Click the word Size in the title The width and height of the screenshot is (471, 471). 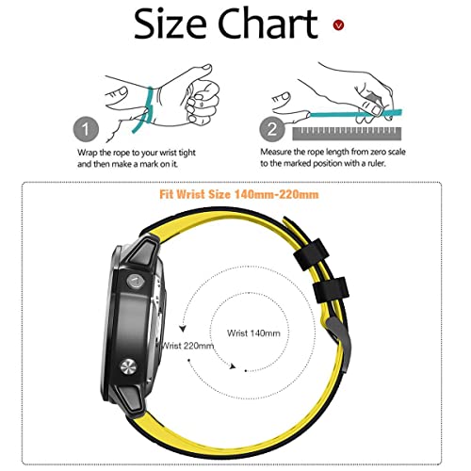[x=170, y=24]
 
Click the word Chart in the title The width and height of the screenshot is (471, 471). [x=268, y=23]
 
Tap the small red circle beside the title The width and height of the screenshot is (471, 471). [x=338, y=24]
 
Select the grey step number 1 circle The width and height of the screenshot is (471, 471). [x=86, y=129]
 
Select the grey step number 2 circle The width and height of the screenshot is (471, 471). [x=272, y=129]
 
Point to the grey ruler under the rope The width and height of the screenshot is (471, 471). [x=347, y=134]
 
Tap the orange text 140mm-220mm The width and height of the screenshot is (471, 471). [x=277, y=194]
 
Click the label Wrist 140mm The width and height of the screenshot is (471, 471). [x=253, y=333]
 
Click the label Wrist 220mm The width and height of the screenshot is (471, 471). [x=187, y=346]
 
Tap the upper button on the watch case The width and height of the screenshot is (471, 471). [x=136, y=281]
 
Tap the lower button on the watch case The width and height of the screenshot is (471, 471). [x=128, y=367]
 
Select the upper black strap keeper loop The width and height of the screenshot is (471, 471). [x=311, y=254]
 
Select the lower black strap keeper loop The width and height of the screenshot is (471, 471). [x=331, y=289]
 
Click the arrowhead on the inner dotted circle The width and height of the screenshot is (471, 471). [x=233, y=366]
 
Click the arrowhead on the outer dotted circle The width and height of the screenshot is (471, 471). [x=183, y=329]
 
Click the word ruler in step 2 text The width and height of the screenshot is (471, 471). [x=376, y=163]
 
